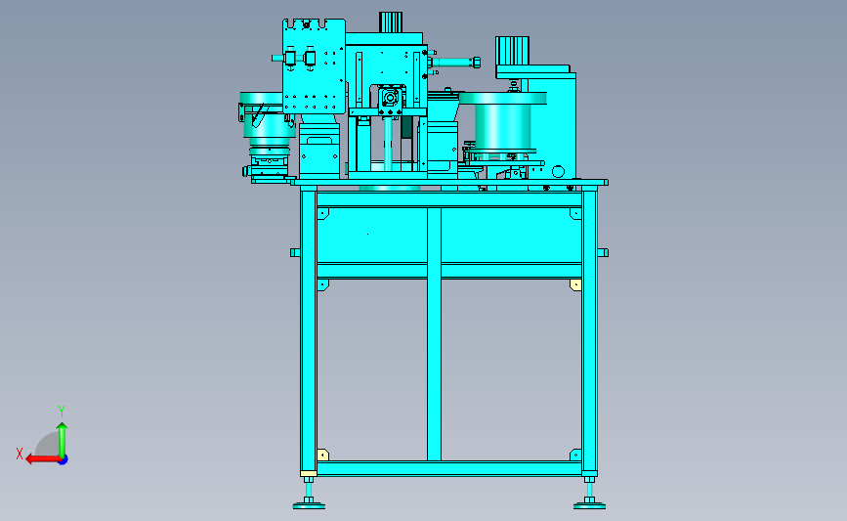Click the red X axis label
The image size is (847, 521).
tap(20, 454)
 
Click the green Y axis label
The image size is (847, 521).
tap(62, 412)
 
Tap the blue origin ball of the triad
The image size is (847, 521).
tap(63, 460)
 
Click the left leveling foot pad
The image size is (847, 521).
tap(309, 506)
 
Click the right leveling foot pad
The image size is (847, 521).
tap(589, 506)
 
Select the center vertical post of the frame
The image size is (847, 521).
tap(434, 334)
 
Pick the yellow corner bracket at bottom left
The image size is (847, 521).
tap(322, 455)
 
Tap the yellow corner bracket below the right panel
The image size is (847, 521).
tap(575, 284)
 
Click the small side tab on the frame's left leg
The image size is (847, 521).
tap(295, 252)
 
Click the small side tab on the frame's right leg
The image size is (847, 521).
tap(603, 252)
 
